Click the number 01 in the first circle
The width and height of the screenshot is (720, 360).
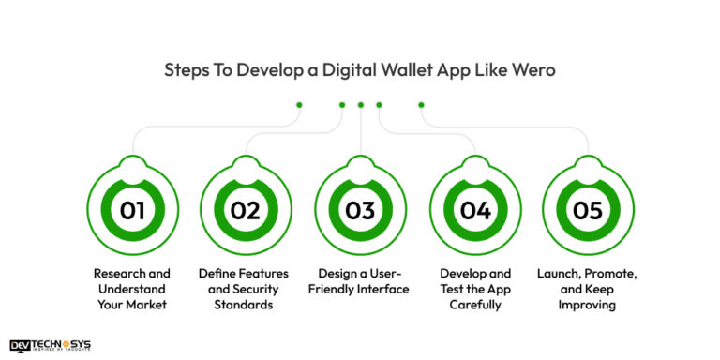(x=132, y=210)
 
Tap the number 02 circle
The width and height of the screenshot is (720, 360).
(x=246, y=210)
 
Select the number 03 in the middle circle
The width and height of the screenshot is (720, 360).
(x=360, y=210)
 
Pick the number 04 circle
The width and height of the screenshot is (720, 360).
(x=475, y=210)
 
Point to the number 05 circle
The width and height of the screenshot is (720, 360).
(x=588, y=210)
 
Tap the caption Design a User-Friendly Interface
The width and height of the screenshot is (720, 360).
(x=360, y=281)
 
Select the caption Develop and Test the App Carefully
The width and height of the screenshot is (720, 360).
(x=475, y=289)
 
